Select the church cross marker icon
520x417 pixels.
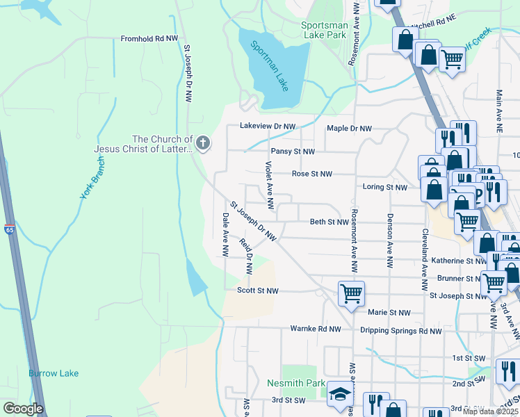click(x=203, y=144)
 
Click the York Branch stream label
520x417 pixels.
click(x=92, y=177)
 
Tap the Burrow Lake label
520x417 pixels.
click(x=54, y=373)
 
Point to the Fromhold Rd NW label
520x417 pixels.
click(x=149, y=40)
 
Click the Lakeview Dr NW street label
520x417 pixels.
click(x=268, y=126)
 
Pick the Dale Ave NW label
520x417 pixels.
click(x=225, y=234)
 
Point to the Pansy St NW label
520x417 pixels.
click(x=293, y=152)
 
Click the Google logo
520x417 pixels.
click(x=23, y=409)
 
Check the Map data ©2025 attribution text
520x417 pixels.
click(x=490, y=411)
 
